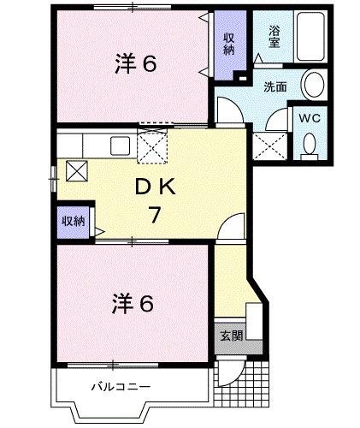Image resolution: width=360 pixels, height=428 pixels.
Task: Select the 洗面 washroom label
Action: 274,86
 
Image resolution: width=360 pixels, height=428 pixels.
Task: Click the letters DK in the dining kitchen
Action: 153,186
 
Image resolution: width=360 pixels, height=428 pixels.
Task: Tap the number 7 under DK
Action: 154,214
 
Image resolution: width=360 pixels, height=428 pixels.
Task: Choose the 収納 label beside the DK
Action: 73,221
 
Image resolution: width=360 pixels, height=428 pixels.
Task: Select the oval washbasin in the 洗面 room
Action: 315,86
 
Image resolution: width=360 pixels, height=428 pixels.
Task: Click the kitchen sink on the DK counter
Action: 120,145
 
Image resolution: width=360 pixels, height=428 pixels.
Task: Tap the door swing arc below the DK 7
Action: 229,229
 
